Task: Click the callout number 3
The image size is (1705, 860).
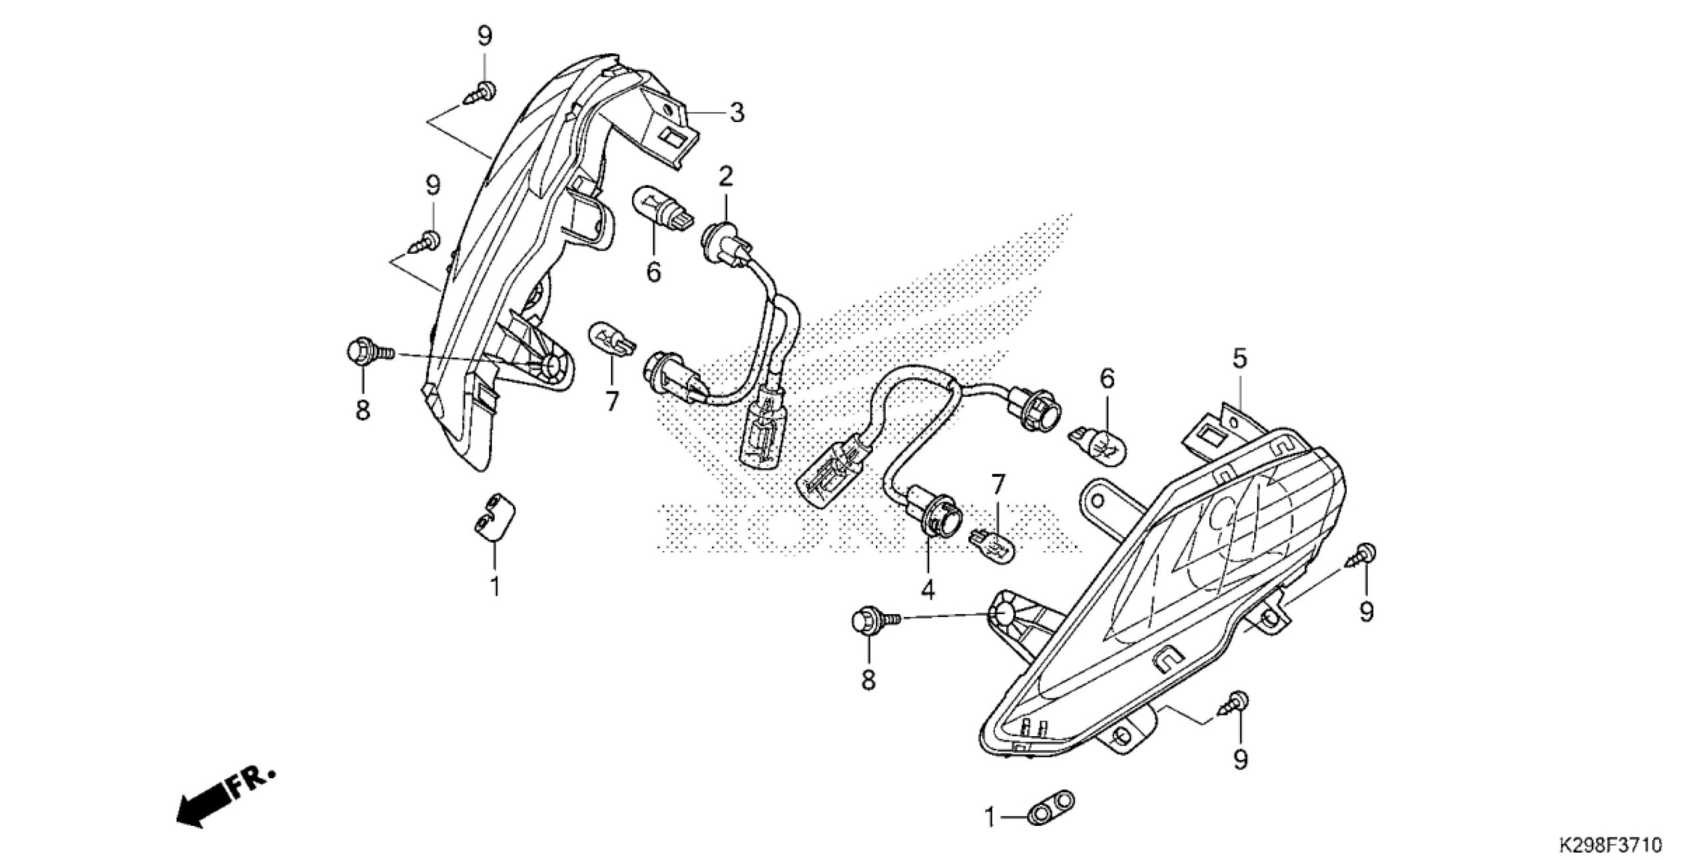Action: tap(736, 113)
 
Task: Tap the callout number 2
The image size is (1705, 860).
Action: tap(725, 177)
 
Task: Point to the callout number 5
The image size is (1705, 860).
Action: tap(1239, 359)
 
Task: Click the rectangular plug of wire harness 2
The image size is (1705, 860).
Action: tap(762, 438)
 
